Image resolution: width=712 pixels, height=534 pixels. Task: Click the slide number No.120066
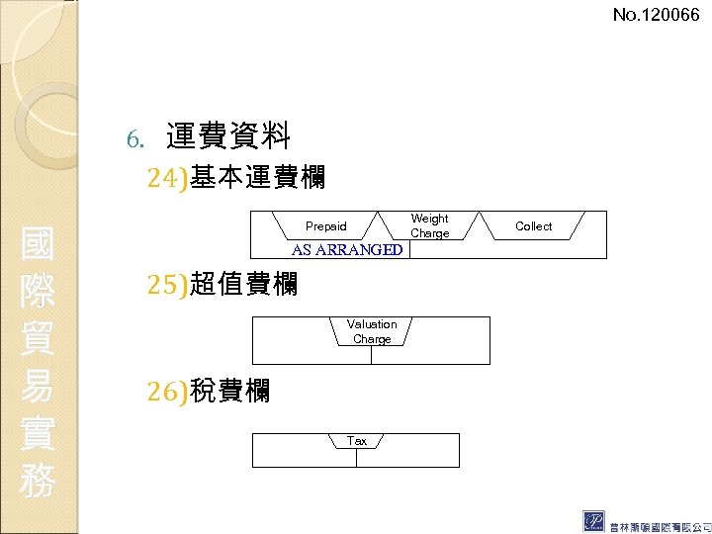(656, 15)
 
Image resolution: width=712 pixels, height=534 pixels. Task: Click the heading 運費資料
(227, 135)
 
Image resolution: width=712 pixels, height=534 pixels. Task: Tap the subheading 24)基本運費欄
(236, 178)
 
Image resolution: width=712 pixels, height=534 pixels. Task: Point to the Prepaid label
(325, 226)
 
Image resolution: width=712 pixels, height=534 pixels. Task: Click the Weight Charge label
(429, 225)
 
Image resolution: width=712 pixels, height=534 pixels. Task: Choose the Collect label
(533, 226)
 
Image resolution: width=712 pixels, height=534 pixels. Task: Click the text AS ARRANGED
(347, 249)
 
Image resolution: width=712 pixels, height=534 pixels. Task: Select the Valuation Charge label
(372, 331)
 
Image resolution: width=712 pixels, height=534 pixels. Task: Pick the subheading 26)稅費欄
(208, 391)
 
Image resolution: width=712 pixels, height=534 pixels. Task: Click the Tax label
(357, 441)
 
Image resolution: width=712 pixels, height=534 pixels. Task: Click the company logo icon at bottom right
(595, 521)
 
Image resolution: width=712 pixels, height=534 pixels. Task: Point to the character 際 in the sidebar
(38, 292)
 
